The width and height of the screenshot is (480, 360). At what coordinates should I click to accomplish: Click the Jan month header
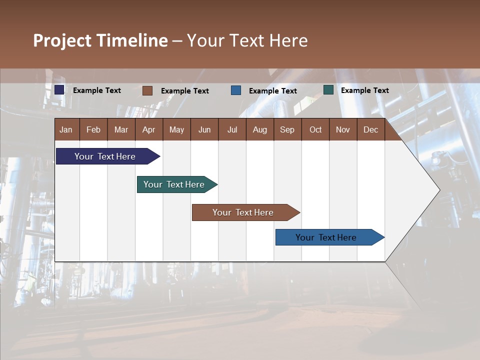click(66, 129)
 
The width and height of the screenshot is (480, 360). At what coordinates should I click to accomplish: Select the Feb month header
click(93, 129)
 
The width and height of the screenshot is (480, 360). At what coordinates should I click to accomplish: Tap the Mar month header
click(121, 129)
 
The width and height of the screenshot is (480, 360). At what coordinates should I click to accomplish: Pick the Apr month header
click(148, 129)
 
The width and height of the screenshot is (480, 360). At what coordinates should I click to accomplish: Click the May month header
click(176, 129)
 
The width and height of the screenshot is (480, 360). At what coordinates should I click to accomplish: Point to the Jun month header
click(204, 129)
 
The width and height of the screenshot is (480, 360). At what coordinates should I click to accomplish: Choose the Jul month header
click(232, 129)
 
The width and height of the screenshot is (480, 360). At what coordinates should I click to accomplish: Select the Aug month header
click(259, 129)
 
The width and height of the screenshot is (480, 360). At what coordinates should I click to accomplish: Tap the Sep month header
click(287, 129)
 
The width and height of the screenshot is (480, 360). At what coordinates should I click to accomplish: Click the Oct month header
click(315, 129)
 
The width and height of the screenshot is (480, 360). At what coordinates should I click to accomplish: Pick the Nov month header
click(343, 129)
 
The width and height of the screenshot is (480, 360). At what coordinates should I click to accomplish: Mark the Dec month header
click(370, 129)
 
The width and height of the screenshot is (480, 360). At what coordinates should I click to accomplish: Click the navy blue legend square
click(59, 90)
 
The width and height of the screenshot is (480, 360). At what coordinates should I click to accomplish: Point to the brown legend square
click(147, 90)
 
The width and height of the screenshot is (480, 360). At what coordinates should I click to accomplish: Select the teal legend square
click(328, 90)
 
